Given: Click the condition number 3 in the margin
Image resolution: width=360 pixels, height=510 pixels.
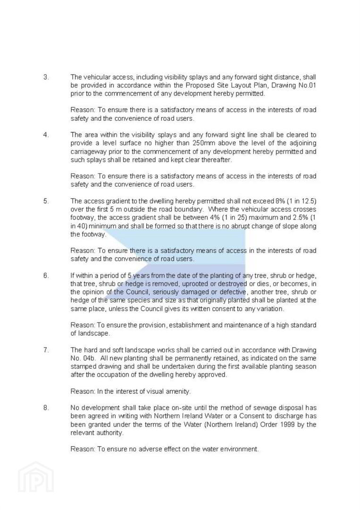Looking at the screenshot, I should [46, 77].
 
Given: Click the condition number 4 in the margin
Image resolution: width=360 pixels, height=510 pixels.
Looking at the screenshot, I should [46, 135].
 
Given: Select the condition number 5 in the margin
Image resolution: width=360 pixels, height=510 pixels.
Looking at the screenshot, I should [46, 201].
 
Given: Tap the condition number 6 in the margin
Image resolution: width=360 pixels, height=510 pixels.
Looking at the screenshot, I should [46, 275].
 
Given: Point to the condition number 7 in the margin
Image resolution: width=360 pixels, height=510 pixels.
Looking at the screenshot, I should [46, 350].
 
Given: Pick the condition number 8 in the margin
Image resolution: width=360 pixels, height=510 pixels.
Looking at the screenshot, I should [46, 408].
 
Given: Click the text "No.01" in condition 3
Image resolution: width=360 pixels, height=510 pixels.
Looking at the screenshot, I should [306, 85].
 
